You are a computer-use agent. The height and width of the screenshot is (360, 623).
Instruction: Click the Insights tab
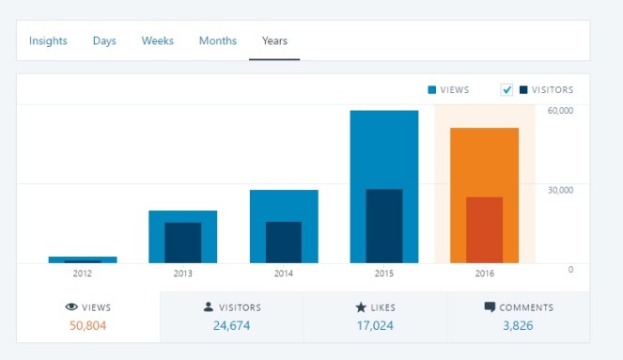click(48, 41)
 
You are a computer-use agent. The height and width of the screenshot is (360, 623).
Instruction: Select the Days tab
click(103, 41)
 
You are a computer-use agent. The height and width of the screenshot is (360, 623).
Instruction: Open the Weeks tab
click(157, 41)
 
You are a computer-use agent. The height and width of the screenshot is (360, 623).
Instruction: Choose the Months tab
click(217, 41)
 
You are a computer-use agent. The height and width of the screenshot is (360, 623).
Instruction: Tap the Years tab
click(274, 41)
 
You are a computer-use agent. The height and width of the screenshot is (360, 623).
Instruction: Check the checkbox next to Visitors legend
click(507, 90)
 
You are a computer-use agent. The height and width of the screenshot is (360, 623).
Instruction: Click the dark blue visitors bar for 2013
click(182, 243)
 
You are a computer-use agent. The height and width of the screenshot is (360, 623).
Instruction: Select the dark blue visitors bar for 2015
click(383, 226)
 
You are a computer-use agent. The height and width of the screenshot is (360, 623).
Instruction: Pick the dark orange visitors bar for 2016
click(484, 229)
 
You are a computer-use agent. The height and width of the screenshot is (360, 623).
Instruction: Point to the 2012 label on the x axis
click(83, 274)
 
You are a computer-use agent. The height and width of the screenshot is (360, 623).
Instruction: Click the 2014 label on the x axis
click(283, 274)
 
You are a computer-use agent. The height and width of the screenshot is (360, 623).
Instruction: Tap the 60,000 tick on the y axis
click(560, 111)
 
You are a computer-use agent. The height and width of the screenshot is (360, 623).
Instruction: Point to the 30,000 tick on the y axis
click(560, 190)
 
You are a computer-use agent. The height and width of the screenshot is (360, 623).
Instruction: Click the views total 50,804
click(87, 325)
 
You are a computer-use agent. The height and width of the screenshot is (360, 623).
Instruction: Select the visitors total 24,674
click(231, 325)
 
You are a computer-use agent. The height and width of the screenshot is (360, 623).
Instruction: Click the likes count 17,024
click(375, 325)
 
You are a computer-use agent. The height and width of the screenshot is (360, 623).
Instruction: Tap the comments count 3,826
click(518, 325)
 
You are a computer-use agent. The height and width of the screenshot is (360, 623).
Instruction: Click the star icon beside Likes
click(360, 307)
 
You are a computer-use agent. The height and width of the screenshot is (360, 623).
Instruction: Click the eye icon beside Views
click(70, 307)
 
